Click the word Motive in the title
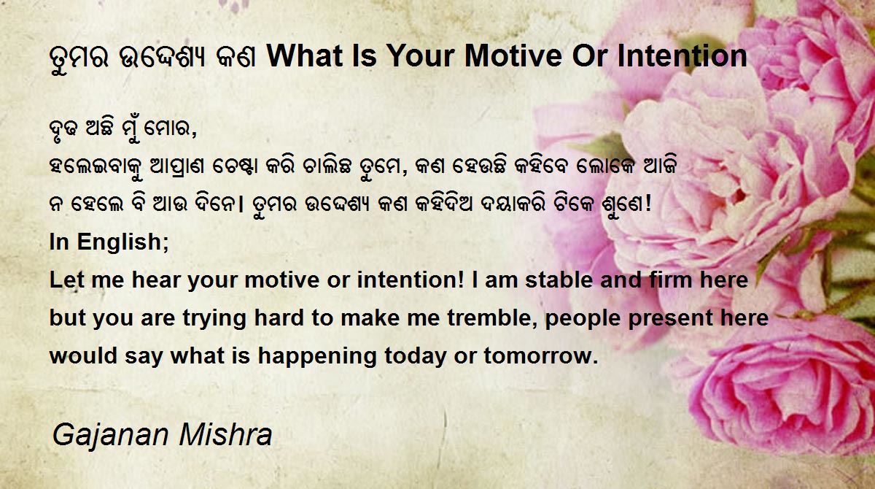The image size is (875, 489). point(514,56)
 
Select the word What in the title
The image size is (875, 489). point(305,56)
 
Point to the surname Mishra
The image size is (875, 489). point(225,434)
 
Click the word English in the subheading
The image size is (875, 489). point(122,243)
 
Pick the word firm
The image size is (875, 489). point(671,280)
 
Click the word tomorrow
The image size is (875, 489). point(541,355)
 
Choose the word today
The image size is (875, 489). point(415,356)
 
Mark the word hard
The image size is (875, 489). point(279,317)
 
